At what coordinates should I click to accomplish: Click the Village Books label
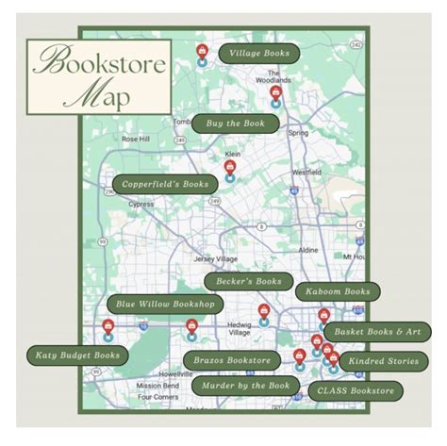tap(259, 53)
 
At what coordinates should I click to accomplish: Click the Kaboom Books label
tap(338, 292)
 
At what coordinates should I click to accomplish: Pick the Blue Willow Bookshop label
tap(165, 305)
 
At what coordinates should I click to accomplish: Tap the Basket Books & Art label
tap(376, 332)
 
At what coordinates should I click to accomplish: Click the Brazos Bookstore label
tap(232, 359)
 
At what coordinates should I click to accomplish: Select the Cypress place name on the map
tap(141, 203)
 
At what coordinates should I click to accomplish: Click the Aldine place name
tap(307, 250)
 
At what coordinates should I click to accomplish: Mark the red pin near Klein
tap(229, 168)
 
